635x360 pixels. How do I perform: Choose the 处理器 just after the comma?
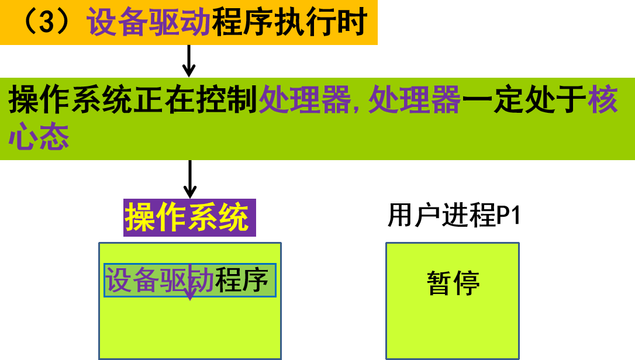415,99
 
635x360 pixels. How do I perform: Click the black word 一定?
492,99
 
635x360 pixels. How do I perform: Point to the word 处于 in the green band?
555,99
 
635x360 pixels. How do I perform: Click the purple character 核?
603,99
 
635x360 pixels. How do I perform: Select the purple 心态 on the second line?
39,137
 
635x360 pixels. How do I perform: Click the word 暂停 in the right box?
453,283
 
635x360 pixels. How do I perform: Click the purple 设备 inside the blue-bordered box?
132,280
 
